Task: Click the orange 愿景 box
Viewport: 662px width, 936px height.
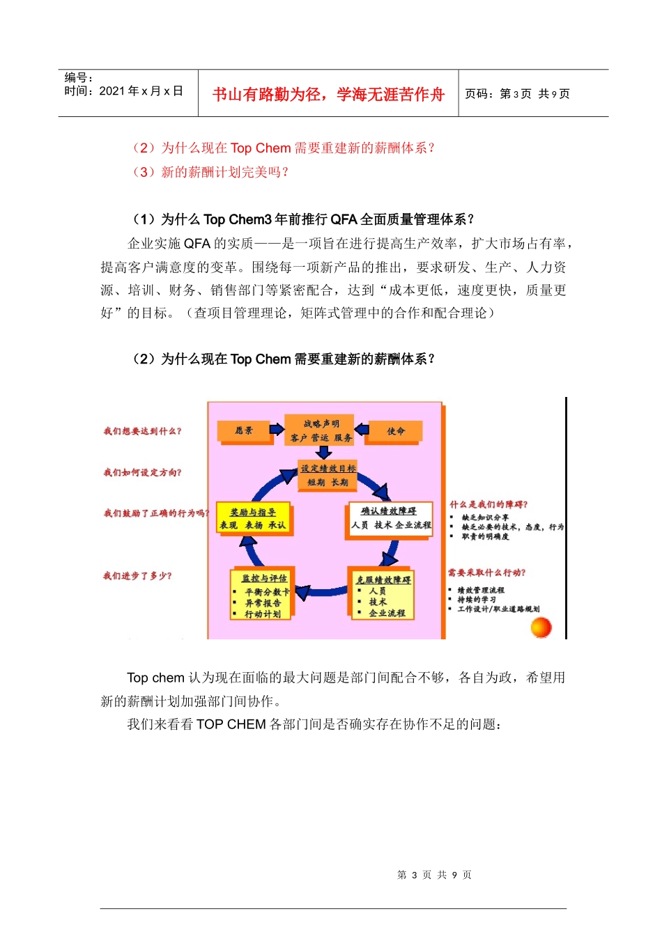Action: click(x=243, y=431)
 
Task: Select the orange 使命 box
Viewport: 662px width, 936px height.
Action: click(x=395, y=432)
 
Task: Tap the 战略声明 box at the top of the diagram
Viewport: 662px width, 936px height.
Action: click(x=321, y=430)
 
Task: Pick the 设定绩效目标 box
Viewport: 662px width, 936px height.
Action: click(x=328, y=475)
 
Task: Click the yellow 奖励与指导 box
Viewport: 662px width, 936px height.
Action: click(x=253, y=519)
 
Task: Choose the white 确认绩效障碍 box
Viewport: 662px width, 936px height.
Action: click(x=390, y=519)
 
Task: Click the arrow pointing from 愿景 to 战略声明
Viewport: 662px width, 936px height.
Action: click(x=277, y=429)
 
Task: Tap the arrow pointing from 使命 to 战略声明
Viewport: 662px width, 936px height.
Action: click(x=361, y=429)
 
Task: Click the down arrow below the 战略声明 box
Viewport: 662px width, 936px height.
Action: click(x=324, y=452)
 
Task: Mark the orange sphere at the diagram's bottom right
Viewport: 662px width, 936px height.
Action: click(x=541, y=627)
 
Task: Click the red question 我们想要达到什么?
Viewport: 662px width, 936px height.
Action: click(x=142, y=432)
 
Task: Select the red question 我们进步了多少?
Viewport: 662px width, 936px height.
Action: click(x=137, y=576)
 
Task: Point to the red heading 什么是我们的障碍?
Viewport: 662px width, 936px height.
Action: click(x=488, y=505)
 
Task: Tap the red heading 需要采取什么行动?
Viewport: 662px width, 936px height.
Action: click(x=486, y=573)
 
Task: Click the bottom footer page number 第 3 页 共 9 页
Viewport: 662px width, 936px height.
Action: click(x=434, y=875)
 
